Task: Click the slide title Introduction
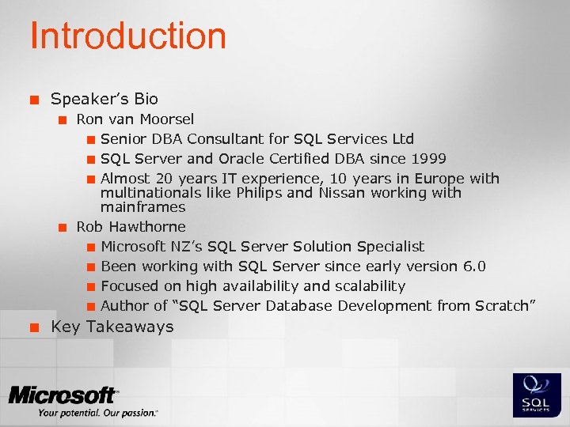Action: [127, 36]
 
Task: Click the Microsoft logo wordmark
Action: [63, 395]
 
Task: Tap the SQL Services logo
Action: [538, 395]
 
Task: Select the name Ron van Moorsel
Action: [135, 119]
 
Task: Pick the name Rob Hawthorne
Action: [131, 227]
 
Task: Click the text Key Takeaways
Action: [112, 327]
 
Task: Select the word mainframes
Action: [142, 207]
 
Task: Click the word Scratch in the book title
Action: [503, 306]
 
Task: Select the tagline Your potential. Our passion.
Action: [98, 413]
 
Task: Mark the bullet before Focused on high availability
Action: [91, 287]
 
